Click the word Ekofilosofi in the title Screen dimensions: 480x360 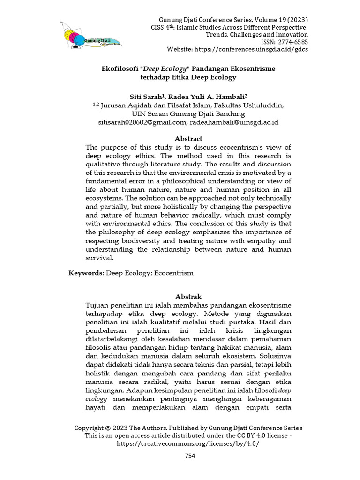click(x=120, y=68)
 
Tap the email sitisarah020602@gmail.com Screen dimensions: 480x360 click(x=142, y=122)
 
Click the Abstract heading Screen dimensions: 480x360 click(x=188, y=139)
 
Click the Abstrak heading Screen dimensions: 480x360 click(x=188, y=297)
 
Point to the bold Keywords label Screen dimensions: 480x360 click(x=87, y=272)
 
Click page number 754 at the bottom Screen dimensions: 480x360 click(x=190, y=456)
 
